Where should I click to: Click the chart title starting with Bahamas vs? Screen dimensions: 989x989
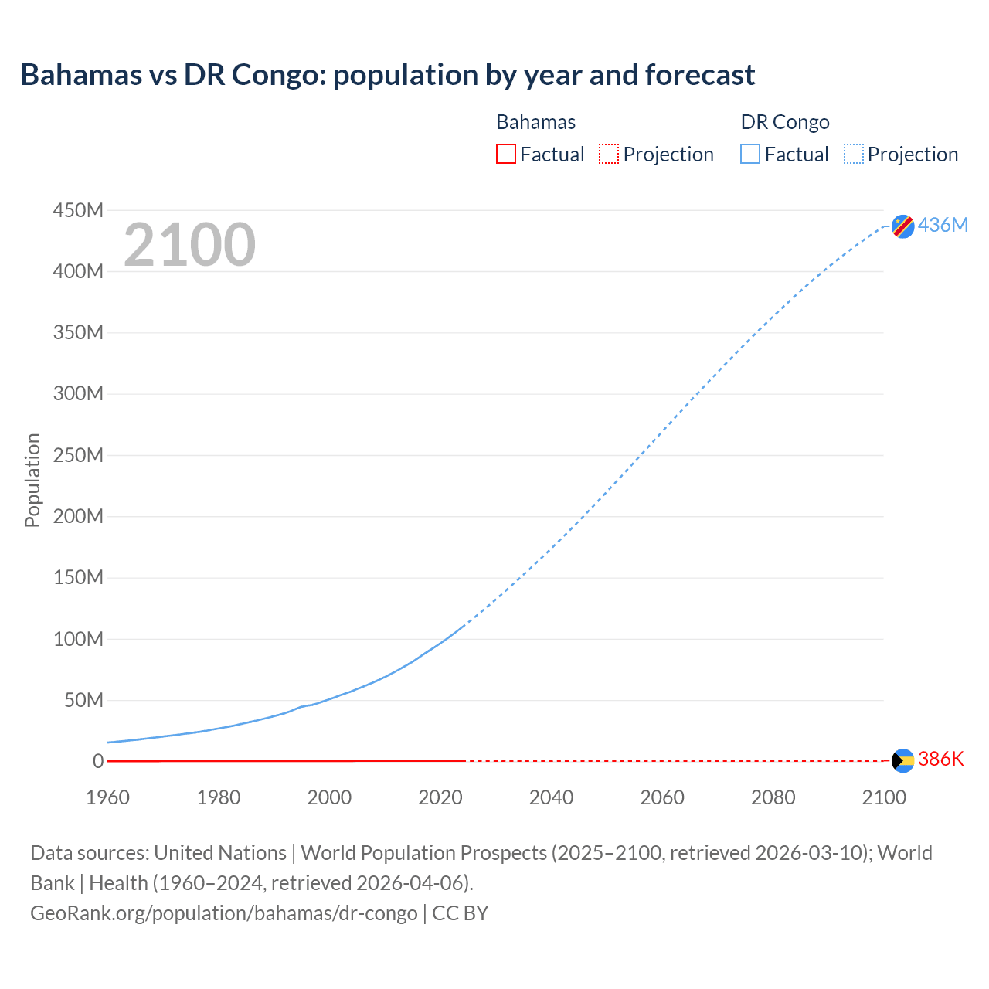387,75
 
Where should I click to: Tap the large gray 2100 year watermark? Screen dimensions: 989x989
189,245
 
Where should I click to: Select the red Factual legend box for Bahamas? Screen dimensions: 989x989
505,154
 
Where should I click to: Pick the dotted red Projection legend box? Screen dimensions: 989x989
609,154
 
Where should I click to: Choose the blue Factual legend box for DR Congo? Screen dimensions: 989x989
749,154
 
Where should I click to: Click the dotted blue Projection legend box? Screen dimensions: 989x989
853,154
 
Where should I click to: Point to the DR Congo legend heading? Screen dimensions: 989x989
784,122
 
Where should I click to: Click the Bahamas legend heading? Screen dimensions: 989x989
535,122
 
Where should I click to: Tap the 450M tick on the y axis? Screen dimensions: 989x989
78,210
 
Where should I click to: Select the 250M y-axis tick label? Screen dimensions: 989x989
78,455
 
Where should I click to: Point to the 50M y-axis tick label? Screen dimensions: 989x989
83,700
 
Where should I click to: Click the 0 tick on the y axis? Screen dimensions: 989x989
97,761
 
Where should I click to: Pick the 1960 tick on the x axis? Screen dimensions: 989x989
107,797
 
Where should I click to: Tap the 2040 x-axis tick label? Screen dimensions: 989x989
551,797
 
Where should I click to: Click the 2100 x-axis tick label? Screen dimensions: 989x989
884,797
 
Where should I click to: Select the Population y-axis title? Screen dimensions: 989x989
32,480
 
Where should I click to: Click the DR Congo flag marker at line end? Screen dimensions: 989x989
902,226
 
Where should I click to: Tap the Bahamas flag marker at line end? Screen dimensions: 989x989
902,760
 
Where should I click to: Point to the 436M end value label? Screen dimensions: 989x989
943,225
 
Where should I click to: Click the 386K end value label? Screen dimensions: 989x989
941,759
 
